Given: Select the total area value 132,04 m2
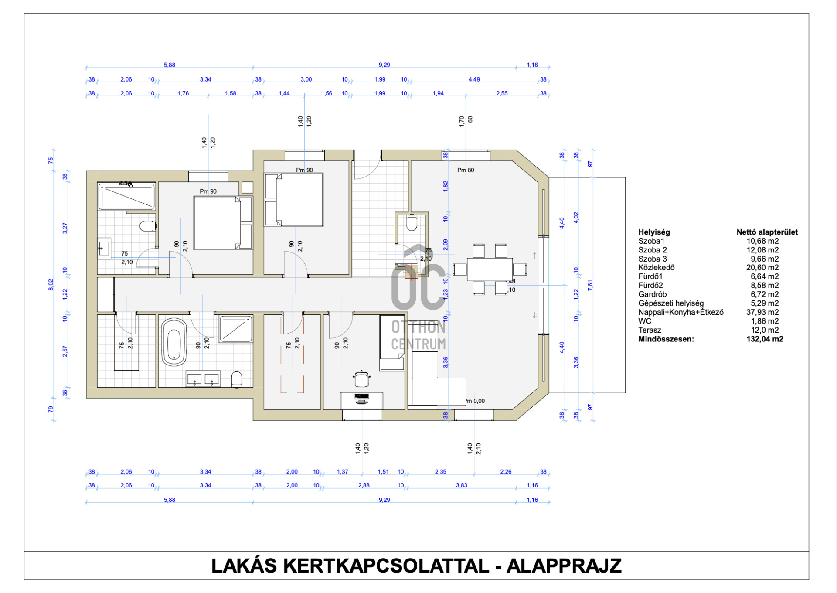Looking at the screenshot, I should click(765, 339).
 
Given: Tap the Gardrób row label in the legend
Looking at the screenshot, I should click(652, 294).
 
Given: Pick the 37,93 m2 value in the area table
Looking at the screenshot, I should click(762, 312).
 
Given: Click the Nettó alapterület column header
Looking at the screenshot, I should click(767, 232).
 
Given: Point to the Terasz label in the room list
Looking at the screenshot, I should click(650, 330).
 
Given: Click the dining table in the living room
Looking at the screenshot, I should click(490, 269).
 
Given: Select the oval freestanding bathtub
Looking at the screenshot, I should click(174, 342).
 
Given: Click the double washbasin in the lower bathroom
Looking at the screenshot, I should click(203, 378).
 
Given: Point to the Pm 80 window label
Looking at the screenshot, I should click(466, 170).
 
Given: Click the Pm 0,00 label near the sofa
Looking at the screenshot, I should click(476, 401).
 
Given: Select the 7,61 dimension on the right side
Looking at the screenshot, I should click(590, 285).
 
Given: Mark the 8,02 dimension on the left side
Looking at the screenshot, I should click(51, 285).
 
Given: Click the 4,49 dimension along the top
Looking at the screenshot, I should click(474, 79).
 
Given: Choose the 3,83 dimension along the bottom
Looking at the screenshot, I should click(462, 485).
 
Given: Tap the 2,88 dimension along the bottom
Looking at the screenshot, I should click(364, 485).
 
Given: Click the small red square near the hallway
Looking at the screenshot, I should click(411, 272).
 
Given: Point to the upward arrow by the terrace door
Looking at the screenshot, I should click(535, 256).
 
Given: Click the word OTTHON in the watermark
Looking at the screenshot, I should click(418, 327).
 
